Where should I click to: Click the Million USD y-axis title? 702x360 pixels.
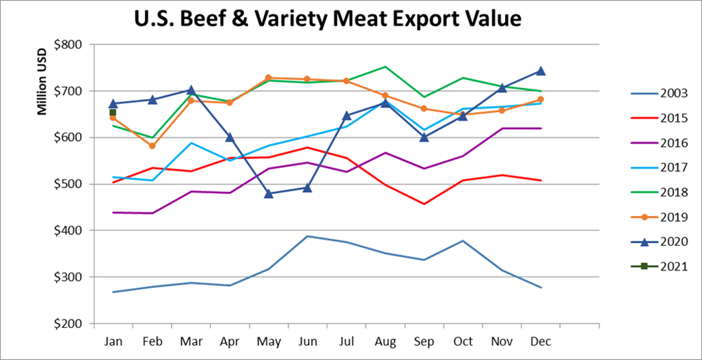42,81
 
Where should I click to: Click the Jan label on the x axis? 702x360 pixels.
113,340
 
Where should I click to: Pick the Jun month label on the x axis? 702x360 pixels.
307,340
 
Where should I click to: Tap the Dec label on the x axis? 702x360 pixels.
540,340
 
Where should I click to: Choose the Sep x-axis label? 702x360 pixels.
424,340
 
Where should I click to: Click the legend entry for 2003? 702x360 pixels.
673,93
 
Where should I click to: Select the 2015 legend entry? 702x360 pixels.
673,118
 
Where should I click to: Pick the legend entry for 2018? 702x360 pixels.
673,193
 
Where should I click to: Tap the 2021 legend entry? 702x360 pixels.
673,267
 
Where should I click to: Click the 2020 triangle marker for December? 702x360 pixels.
541,70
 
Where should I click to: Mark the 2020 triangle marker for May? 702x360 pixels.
269,193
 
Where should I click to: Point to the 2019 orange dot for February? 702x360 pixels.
152,146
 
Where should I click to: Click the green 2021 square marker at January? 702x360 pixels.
113,113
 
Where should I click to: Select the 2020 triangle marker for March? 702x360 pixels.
191,90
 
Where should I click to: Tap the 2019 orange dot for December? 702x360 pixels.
541,100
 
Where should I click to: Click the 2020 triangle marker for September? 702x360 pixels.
424,137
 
